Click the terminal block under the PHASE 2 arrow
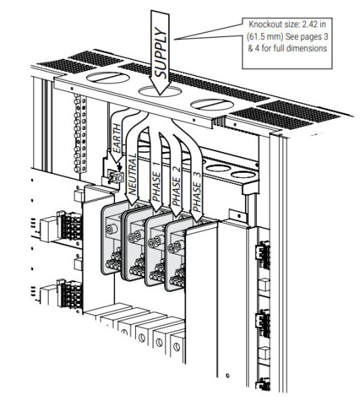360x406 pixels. [159, 251]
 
